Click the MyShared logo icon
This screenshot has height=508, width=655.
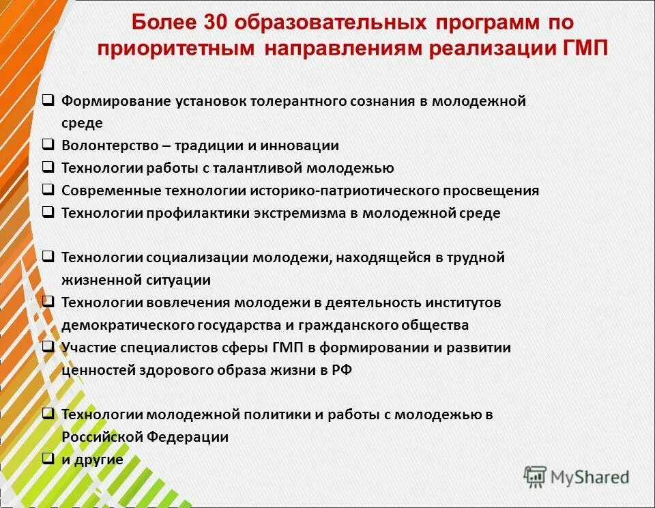pyautogui.click(x=535, y=477)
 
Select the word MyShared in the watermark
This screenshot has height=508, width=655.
pyautogui.click(x=590, y=477)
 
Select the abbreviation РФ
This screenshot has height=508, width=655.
pyautogui.click(x=342, y=369)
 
